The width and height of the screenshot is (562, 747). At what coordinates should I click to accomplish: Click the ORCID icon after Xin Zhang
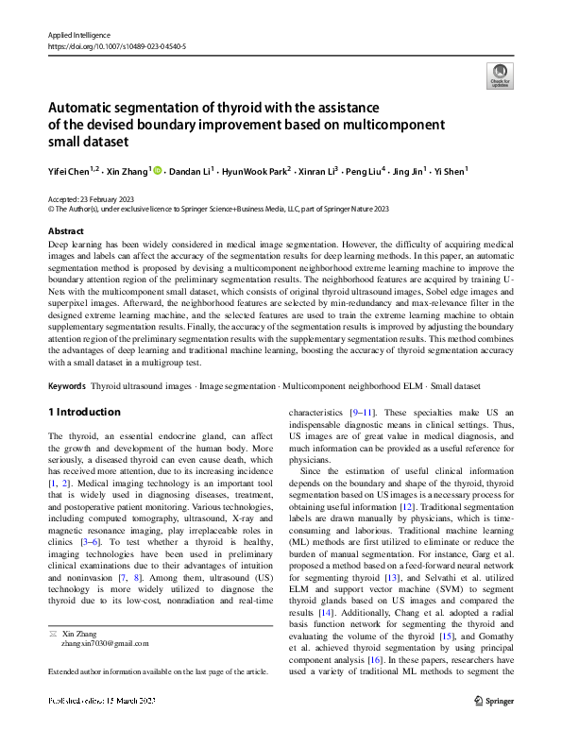coord(157,171)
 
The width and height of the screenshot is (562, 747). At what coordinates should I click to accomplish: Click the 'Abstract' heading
coord(65,230)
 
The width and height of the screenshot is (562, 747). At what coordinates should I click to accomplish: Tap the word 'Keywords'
coord(67,386)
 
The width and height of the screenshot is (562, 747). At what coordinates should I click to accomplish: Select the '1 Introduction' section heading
coord(84,413)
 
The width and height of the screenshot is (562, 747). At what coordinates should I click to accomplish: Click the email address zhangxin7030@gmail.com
coord(104,643)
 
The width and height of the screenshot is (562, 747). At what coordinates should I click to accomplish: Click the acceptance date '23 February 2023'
coord(110,200)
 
